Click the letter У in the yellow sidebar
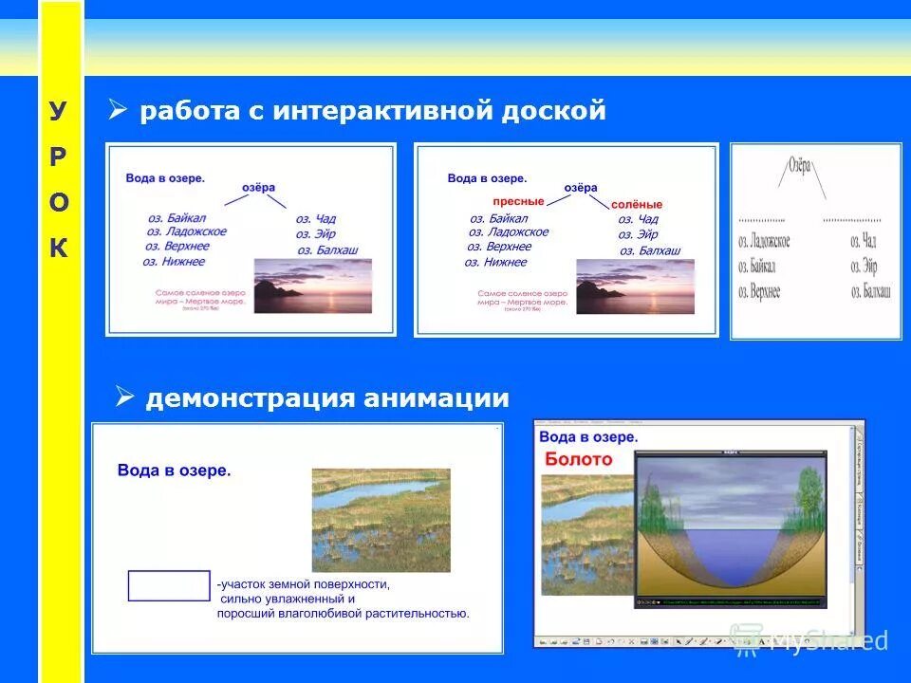pos(58,112)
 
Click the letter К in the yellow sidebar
pos(58,249)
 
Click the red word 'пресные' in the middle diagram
pos(518,202)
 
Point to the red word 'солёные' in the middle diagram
pos(636,204)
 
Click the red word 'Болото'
pos(578,460)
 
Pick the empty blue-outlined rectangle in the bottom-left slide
pos(169,585)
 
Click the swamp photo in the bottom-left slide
pos(381,519)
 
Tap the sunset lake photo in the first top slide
pos(312,286)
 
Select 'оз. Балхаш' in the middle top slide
pos(650,250)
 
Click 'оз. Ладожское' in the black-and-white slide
pos(764,242)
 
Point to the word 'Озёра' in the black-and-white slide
pos(800,166)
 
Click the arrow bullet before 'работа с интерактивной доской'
pos(118,110)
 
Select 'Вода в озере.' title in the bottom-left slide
pos(175,470)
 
